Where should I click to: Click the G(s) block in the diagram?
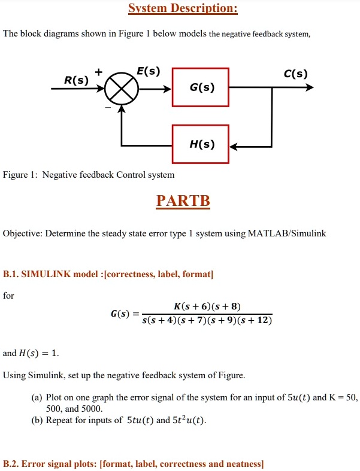pyautogui.click(x=200, y=87)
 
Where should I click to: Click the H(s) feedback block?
pyautogui.click(x=200, y=144)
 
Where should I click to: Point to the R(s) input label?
pyautogui.click(x=76, y=80)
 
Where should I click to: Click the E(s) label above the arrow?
pyautogui.click(x=148, y=71)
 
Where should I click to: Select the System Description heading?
pyautogui.click(x=183, y=9)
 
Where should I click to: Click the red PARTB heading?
pyautogui.click(x=183, y=200)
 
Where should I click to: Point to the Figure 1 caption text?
pyautogui.click(x=89, y=175)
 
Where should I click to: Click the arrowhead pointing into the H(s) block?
pyautogui.click(x=234, y=145)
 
